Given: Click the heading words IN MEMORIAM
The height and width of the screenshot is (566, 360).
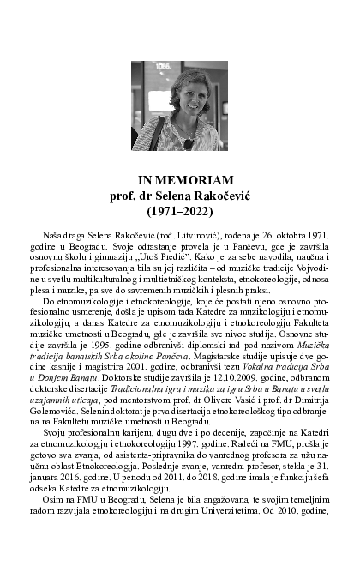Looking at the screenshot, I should click(x=179, y=180).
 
